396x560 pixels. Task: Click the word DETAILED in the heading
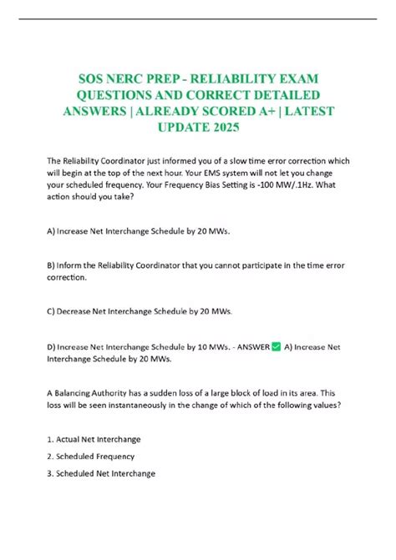(x=282, y=94)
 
